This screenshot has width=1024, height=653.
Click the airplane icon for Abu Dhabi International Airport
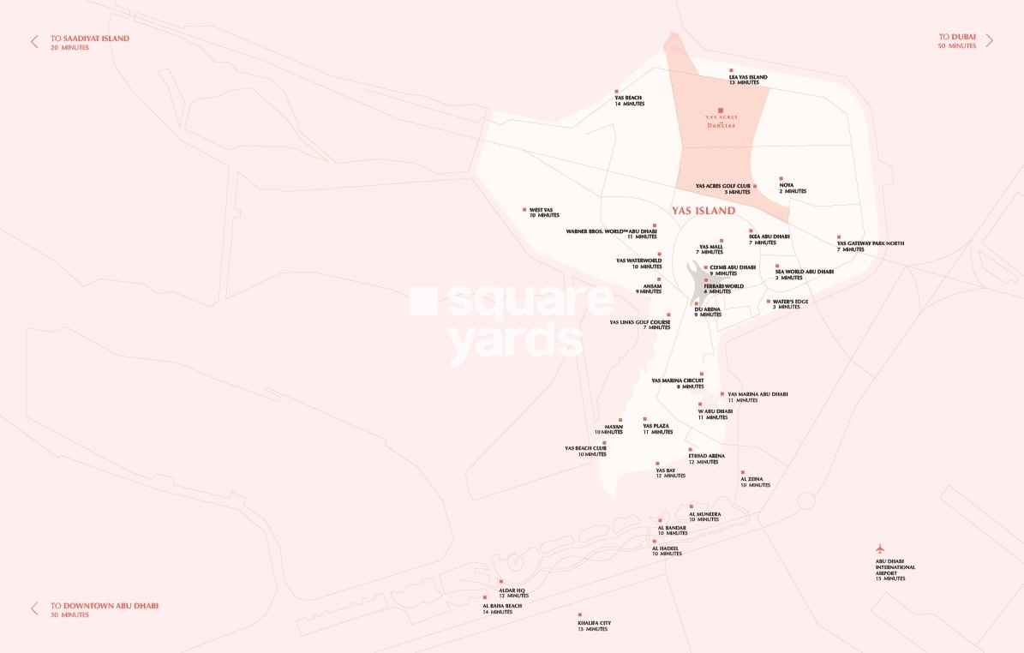(878, 548)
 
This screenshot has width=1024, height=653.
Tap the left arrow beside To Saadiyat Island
(34, 41)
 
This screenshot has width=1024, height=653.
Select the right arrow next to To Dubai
(989, 40)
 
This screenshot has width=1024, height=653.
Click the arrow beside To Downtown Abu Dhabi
(34, 608)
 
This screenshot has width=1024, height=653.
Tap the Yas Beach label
(629, 100)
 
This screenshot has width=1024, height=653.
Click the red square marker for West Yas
(524, 209)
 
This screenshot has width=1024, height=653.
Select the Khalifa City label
(593, 626)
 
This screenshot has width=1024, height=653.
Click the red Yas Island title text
(704, 211)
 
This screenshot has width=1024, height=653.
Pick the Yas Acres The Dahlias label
(722, 121)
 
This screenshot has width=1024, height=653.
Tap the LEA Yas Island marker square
(731, 70)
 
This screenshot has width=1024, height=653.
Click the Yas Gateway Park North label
(870, 246)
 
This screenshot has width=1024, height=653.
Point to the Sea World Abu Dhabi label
(804, 274)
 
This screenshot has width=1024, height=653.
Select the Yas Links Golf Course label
(639, 325)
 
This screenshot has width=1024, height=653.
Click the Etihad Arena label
(706, 458)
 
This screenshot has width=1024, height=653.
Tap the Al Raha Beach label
(501, 608)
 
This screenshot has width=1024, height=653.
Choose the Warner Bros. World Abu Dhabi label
(611, 233)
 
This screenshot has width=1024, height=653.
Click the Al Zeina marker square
(743, 471)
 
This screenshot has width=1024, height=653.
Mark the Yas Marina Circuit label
(678, 383)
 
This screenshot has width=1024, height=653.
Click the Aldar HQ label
(513, 593)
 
